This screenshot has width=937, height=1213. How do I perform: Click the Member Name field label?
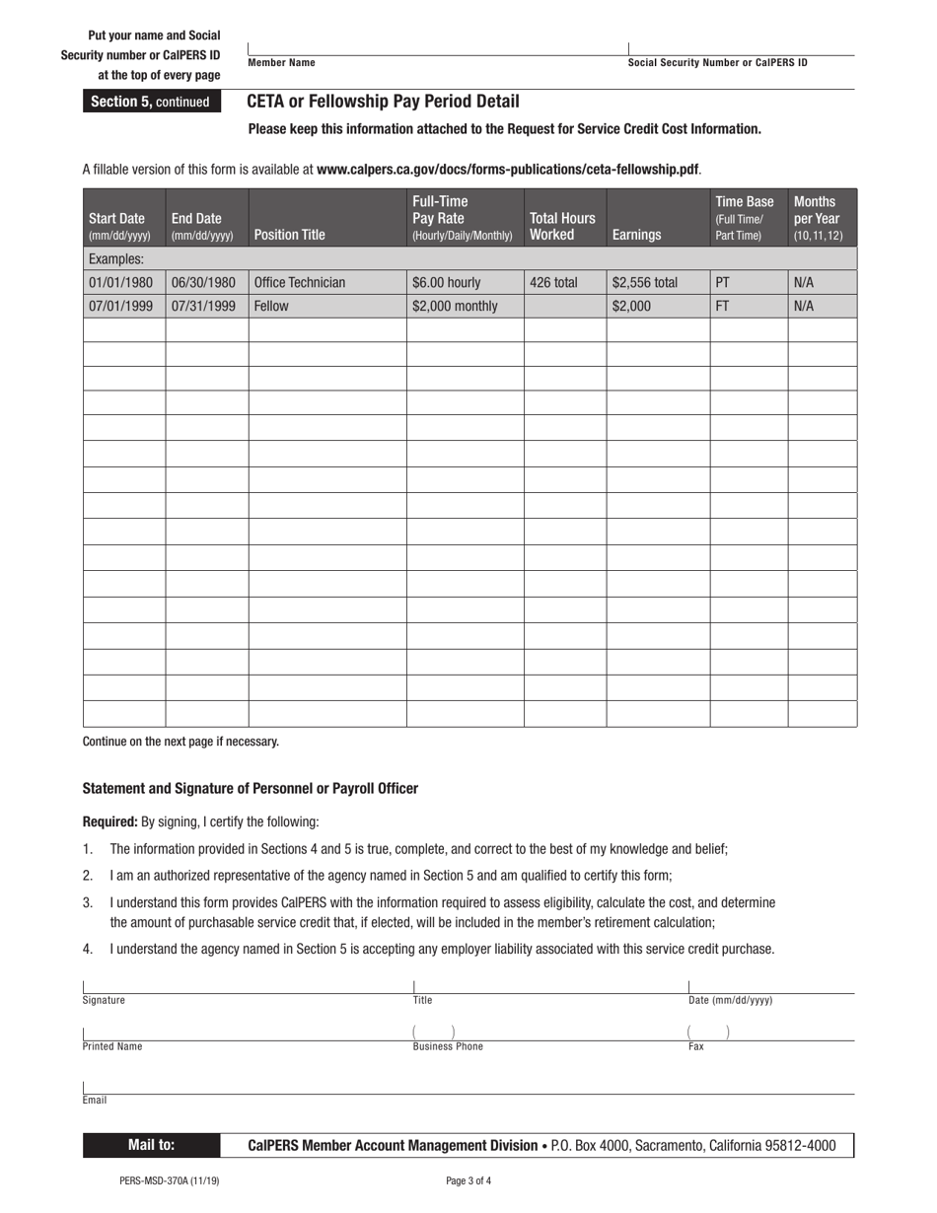point(282,63)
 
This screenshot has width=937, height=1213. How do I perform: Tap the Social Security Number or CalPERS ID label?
point(717,63)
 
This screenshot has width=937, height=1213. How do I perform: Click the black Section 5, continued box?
point(150,102)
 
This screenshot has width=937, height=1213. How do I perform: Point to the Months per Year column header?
point(821,219)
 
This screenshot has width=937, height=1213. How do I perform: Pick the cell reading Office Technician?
point(300,283)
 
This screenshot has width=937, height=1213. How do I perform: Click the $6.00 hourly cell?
point(447,283)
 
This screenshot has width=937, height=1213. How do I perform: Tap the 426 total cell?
point(553,283)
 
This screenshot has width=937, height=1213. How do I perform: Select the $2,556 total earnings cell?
point(645,283)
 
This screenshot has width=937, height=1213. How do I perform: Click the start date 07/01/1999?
point(121,307)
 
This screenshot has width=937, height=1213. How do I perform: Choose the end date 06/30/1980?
point(204,283)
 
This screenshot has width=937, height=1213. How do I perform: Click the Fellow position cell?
point(271,307)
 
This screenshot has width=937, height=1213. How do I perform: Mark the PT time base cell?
point(723,283)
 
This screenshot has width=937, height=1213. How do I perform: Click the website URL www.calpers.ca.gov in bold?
point(508,169)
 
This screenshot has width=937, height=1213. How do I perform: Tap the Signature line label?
point(104,1000)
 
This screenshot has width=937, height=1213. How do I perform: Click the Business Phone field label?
point(448,1047)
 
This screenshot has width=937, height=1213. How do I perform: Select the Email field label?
point(95,1100)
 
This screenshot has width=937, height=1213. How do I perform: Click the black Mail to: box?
point(151,1145)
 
